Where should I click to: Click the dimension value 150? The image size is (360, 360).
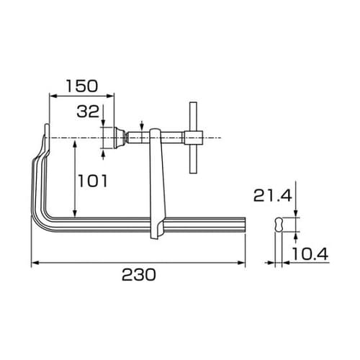click(81, 85)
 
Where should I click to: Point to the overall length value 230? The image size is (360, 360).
click(138, 275)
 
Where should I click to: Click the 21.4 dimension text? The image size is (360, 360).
click(270, 194)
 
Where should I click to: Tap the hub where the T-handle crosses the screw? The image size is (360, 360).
click(192, 137)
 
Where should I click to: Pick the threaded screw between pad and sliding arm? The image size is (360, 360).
click(135, 137)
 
